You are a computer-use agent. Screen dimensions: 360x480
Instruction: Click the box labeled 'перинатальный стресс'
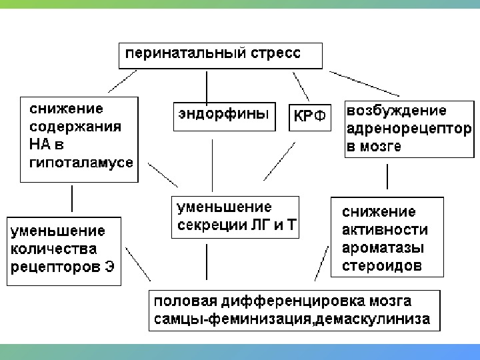tap(220, 55)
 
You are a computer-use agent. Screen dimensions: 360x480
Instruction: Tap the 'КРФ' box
tap(310, 117)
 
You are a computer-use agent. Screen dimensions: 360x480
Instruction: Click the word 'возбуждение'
tap(396, 111)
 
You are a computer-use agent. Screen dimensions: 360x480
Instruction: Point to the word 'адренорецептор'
tap(409, 128)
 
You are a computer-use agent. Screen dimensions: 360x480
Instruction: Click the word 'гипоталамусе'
tap(81, 162)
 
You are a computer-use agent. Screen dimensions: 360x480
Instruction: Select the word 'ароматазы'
tap(383, 247)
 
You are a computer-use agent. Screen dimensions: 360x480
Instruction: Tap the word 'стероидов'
tap(381, 265)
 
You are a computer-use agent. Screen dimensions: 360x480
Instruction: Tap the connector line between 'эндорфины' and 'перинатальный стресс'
tap(207, 85)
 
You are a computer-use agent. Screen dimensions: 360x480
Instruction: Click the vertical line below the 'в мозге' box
tap(387, 177)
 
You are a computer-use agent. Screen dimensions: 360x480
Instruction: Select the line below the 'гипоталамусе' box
tap(72, 199)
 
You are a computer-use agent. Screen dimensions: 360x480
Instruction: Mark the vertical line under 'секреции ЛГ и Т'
tap(207, 261)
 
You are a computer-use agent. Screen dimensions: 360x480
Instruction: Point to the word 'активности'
tap(384, 230)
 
